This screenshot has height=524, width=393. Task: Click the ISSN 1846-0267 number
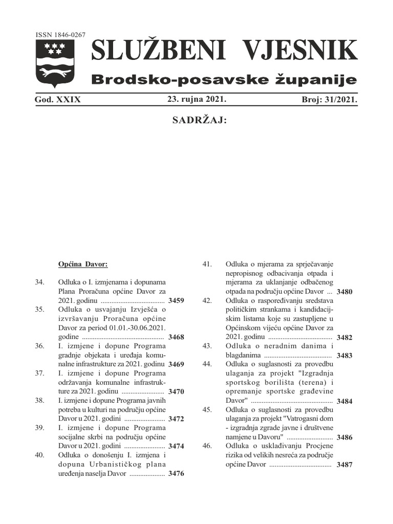[60, 35]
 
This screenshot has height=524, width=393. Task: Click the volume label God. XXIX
[58, 100]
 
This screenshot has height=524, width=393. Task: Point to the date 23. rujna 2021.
[196, 99]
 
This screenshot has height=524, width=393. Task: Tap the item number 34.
[39, 282]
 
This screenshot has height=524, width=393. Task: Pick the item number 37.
[39, 373]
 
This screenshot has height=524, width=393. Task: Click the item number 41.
[207, 264]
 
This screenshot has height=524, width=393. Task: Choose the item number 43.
[207, 346]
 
